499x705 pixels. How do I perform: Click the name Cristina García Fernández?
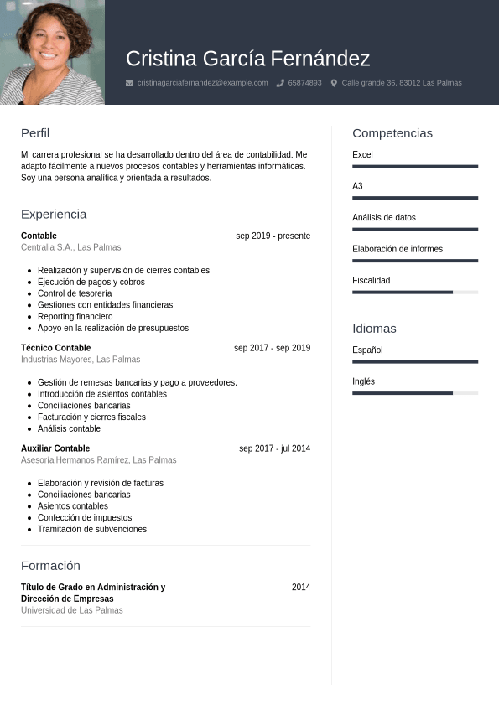(x=247, y=59)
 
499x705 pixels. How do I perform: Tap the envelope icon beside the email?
(x=129, y=83)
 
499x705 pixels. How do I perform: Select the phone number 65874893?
(x=304, y=83)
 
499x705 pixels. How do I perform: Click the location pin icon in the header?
(x=334, y=83)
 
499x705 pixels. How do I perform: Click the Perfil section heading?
(x=35, y=133)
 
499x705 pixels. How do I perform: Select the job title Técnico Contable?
(x=55, y=348)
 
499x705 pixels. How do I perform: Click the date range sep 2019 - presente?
(x=273, y=236)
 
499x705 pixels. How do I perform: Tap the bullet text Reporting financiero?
(x=75, y=317)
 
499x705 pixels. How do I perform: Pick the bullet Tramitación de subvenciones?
(x=92, y=530)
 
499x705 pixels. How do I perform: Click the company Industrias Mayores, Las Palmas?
(x=81, y=360)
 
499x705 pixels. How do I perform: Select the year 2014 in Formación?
(x=300, y=588)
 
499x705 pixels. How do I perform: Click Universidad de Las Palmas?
(x=72, y=611)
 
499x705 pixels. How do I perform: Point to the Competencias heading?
(x=392, y=133)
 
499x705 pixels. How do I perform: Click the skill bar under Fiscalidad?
(x=415, y=292)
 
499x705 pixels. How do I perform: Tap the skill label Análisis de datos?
(x=384, y=218)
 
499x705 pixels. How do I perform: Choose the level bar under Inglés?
(x=415, y=392)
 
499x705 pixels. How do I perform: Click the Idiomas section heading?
(x=374, y=329)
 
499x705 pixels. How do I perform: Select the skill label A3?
(x=357, y=186)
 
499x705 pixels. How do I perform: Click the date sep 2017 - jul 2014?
(x=274, y=448)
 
